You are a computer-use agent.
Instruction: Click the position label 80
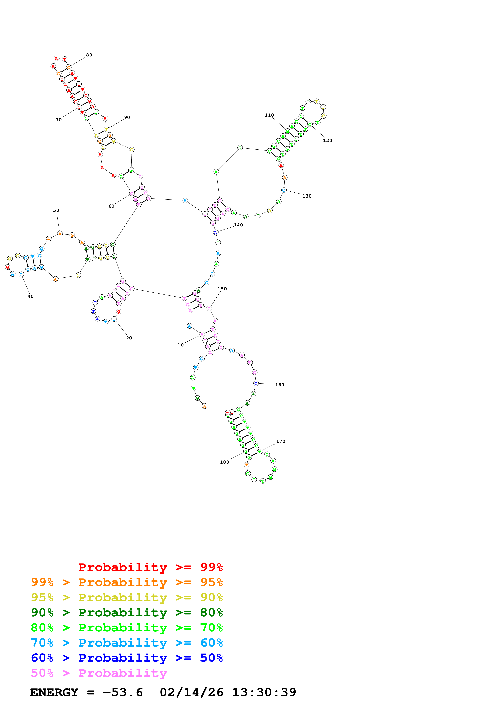(89, 55)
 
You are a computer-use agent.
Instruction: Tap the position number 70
(58, 120)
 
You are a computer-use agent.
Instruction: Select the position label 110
(269, 115)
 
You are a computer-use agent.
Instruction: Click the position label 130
(307, 196)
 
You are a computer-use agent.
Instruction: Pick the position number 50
(56, 211)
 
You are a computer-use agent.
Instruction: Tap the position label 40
(30, 296)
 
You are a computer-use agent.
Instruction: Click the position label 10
(181, 345)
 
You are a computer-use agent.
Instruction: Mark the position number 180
(224, 462)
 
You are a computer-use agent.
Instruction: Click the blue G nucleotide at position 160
(256, 383)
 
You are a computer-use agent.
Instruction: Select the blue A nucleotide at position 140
(216, 233)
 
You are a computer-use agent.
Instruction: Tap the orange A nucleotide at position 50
(60, 234)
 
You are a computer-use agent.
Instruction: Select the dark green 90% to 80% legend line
(127, 612)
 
